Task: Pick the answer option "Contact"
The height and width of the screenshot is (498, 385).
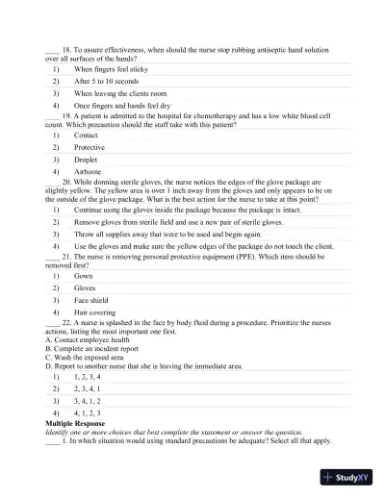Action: point(89,136)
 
